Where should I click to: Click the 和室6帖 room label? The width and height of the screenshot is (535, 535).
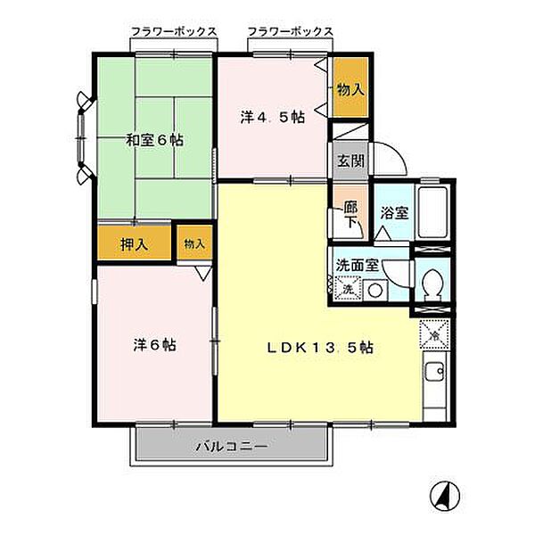[154, 140]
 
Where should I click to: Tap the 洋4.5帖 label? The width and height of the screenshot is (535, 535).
[273, 118]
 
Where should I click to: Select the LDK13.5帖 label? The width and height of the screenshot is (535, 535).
[320, 348]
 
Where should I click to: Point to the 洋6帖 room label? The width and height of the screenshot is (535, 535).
[154, 345]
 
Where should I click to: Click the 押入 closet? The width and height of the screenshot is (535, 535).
[134, 244]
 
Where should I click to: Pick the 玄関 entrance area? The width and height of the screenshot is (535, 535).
[350, 160]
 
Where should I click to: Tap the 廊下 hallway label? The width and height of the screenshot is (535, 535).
[350, 214]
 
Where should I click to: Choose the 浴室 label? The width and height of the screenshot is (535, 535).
[394, 213]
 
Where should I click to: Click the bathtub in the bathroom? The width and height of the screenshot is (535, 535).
[433, 212]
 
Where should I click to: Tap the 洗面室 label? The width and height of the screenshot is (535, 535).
[358, 265]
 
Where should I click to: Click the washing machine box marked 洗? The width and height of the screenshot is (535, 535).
[348, 289]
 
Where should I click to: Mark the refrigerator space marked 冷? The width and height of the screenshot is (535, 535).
[435, 334]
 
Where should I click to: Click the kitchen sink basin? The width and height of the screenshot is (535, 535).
[435, 372]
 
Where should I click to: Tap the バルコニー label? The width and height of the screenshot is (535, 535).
[232, 447]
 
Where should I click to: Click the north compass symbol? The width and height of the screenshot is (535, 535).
[445, 497]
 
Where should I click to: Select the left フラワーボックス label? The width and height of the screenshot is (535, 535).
[174, 32]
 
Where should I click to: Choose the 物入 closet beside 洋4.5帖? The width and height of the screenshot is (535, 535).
[350, 87]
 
